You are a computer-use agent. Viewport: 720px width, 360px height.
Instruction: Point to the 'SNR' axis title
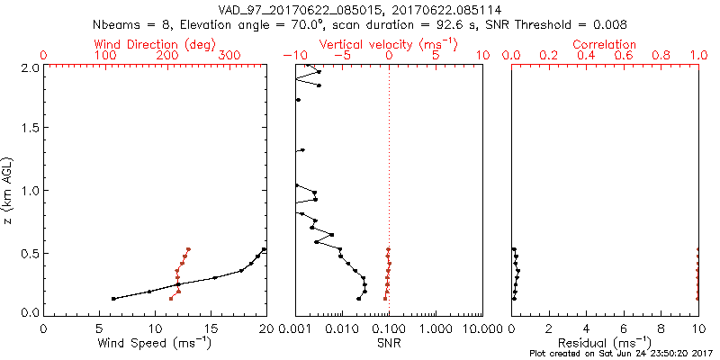389,344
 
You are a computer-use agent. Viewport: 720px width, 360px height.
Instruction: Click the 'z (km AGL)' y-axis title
10,190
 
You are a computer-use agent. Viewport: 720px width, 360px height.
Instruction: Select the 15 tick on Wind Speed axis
211,327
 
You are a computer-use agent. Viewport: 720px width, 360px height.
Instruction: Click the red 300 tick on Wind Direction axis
229,56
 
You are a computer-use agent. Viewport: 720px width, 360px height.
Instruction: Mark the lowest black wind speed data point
113,299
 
